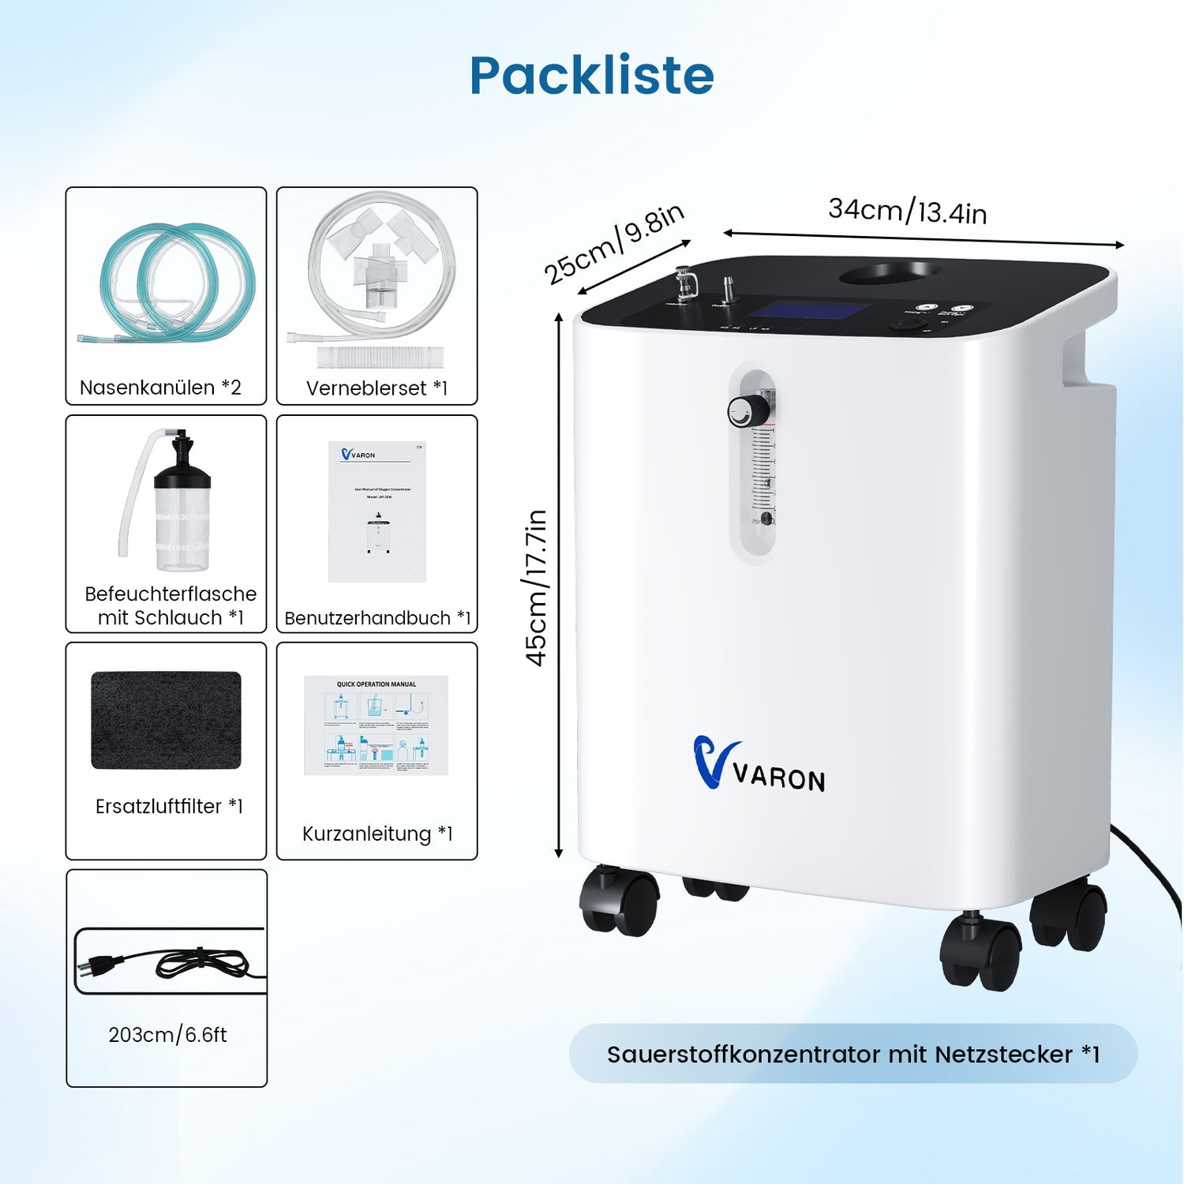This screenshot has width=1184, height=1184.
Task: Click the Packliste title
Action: tap(592, 76)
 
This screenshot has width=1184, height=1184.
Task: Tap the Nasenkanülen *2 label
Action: tap(160, 388)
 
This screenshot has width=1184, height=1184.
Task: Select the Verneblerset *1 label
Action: tap(377, 388)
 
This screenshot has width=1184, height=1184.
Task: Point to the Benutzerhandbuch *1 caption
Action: tap(377, 618)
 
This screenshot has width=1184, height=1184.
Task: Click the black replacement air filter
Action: tap(166, 720)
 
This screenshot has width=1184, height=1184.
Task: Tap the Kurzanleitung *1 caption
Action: tap(377, 834)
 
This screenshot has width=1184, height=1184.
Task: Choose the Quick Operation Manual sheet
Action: tap(376, 725)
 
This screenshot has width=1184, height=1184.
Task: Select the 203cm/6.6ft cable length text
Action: tap(167, 1035)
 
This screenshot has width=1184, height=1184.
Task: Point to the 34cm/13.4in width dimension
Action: tap(908, 212)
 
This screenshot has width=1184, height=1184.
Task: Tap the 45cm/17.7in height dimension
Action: tap(537, 588)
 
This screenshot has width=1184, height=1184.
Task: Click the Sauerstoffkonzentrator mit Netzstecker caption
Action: tap(852, 1054)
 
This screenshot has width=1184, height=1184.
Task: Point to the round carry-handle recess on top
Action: tap(889, 274)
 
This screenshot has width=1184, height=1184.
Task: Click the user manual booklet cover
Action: tap(377, 511)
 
